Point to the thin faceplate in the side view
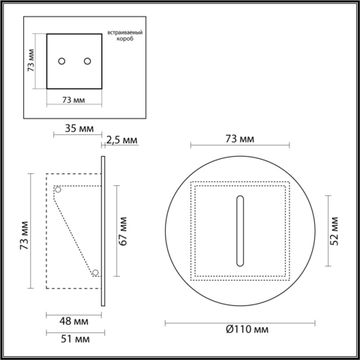(x=103, y=229)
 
